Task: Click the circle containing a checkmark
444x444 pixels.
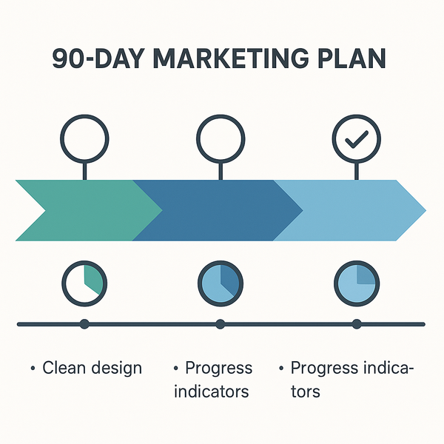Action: click(x=356, y=138)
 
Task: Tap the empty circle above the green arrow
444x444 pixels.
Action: click(x=84, y=138)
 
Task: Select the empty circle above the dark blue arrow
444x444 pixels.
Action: click(x=221, y=138)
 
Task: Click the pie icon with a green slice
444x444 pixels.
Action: click(x=84, y=282)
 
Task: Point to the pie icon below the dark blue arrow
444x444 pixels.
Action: click(x=221, y=282)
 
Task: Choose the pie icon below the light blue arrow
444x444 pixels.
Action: click(x=356, y=282)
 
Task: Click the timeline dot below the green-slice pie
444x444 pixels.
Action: click(x=84, y=323)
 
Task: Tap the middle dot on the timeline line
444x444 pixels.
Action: click(x=220, y=323)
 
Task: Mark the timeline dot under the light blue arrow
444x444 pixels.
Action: click(x=356, y=323)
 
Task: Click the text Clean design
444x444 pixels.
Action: click(x=92, y=368)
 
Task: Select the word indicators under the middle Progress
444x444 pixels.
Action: click(x=211, y=390)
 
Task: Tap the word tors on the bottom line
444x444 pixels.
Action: click(x=305, y=390)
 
